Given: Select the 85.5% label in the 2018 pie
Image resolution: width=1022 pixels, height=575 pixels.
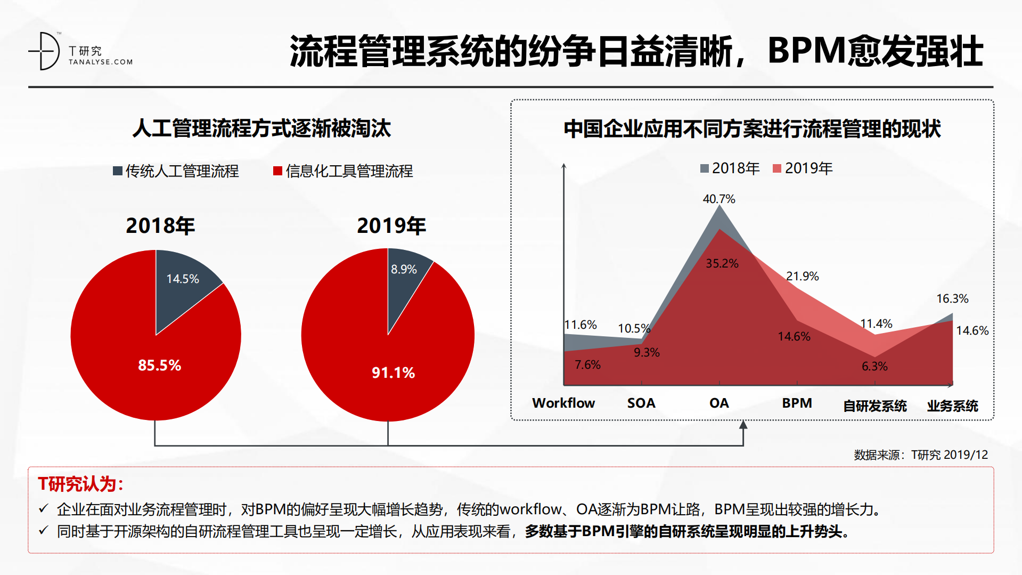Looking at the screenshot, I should [x=159, y=366].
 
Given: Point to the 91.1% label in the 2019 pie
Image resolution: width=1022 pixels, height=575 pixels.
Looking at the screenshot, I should [x=393, y=372].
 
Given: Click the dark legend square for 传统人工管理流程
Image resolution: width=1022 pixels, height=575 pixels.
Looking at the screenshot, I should [x=118, y=171].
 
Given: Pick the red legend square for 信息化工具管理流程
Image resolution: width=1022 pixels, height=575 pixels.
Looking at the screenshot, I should [x=277, y=171].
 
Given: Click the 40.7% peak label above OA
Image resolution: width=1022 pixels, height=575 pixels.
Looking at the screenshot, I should [x=718, y=199].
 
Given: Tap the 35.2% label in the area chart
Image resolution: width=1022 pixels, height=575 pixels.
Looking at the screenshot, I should [x=722, y=264].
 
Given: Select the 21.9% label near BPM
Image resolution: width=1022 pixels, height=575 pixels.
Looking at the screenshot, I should [x=802, y=277].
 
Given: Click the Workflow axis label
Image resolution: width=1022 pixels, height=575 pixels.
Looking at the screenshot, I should [x=563, y=403].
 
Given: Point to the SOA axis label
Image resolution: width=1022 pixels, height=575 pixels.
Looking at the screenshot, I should [x=641, y=403].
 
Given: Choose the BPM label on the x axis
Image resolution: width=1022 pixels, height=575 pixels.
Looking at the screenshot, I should [x=797, y=403].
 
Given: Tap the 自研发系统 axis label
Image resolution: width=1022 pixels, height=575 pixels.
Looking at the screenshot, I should [x=874, y=406].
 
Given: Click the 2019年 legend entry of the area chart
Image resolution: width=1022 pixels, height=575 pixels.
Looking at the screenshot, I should [x=803, y=168].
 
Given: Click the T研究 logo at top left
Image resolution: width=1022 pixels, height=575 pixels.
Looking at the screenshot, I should [x=80, y=52].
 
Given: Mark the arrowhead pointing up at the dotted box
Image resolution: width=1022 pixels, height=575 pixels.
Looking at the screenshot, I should [x=743, y=425].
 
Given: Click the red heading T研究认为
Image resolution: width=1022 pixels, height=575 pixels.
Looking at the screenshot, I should [x=80, y=484].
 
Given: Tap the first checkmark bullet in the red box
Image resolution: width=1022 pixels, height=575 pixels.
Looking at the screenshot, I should [x=44, y=508].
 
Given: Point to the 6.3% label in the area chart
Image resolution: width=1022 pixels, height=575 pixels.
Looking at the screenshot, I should [x=874, y=367].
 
